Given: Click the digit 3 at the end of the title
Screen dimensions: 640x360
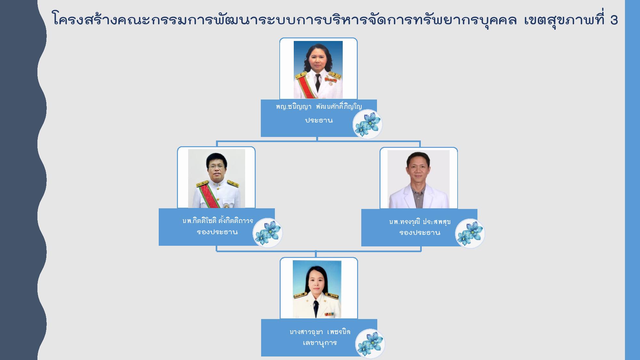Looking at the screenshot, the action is [614, 20].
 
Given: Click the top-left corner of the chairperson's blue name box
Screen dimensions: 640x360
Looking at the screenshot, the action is [261, 100].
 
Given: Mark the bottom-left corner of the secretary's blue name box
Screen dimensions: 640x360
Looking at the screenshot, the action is [261, 356].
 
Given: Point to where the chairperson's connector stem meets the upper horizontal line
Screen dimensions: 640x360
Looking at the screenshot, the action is [317, 141].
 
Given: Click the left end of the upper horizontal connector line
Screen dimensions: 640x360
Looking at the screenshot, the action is [217, 141].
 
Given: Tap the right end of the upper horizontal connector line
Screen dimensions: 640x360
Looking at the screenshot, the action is [420, 141].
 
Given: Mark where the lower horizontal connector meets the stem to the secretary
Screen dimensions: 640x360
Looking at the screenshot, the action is [316, 251].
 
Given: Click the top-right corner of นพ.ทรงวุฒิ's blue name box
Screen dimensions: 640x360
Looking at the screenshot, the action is [477, 209].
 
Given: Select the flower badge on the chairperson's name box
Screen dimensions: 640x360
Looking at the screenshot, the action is [368, 124].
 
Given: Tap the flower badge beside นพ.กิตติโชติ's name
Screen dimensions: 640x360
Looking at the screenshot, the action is [268, 233].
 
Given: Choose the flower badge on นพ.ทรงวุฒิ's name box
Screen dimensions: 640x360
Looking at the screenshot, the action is [470, 234].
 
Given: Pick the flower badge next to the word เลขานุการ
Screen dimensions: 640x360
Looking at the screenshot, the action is [370, 344].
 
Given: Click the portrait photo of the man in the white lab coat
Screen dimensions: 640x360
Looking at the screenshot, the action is [419, 179].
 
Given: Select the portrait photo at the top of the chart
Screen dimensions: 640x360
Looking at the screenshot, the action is [318, 70].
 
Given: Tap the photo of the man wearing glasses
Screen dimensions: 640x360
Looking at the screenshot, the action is [217, 179].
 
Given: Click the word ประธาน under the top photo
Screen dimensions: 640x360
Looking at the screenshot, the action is [319, 121].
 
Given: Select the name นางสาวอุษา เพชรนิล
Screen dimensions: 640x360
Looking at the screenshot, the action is [320, 332].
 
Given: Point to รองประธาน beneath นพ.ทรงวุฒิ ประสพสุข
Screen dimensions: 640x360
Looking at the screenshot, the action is [420, 233].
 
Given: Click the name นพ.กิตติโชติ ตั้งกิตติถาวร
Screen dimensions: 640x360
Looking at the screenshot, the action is [218, 221].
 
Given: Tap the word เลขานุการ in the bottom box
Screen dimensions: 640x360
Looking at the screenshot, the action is [320, 343].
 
